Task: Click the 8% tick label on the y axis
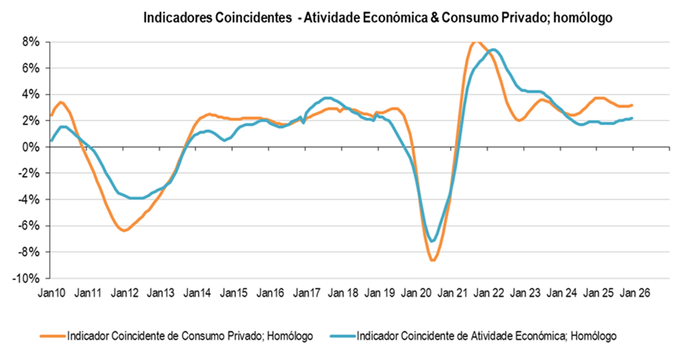click(x=30, y=42)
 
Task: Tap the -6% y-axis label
click(x=28, y=225)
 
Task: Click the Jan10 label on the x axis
click(x=51, y=292)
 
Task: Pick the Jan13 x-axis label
click(x=161, y=292)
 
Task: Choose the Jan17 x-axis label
click(x=307, y=292)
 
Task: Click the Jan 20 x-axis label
click(x=416, y=292)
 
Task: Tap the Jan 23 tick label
click(x=525, y=292)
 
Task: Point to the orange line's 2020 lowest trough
click(x=432, y=260)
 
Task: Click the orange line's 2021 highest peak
click(x=476, y=42)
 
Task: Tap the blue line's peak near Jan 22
click(x=493, y=49)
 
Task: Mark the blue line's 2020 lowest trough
click(x=432, y=241)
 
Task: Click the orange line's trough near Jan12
click(x=124, y=230)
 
